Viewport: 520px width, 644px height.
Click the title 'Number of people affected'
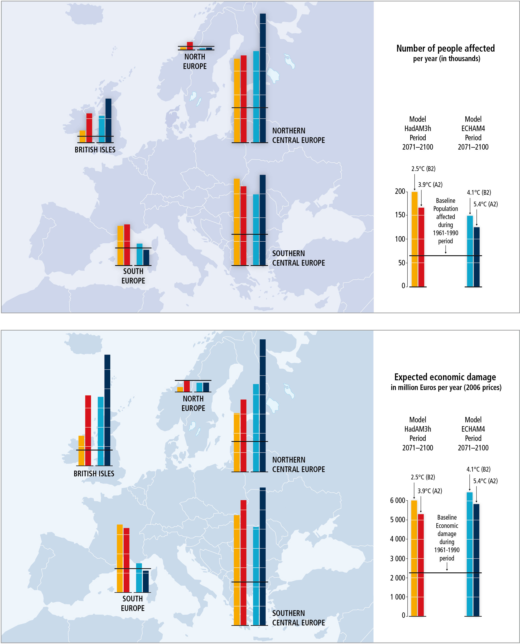click(x=445, y=48)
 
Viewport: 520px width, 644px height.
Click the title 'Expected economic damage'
click(x=445, y=377)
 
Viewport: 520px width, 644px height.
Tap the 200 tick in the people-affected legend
click(x=400, y=191)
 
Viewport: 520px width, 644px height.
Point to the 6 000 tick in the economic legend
click(x=398, y=500)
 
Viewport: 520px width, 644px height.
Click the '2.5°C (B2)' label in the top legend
click(x=423, y=169)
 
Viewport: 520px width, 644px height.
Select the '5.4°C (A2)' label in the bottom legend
click(x=485, y=481)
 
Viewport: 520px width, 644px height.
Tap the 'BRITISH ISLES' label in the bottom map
click(x=94, y=473)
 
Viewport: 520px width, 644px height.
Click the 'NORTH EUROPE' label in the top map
click(x=195, y=61)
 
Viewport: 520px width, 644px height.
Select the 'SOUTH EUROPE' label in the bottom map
click(x=133, y=603)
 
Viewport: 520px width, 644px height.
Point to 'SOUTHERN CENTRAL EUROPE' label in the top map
click(x=298, y=258)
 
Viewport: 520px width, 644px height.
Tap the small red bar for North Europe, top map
click(x=190, y=46)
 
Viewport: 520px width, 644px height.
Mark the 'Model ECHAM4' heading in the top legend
click(x=473, y=124)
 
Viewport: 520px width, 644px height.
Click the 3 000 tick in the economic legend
click(x=398, y=559)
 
